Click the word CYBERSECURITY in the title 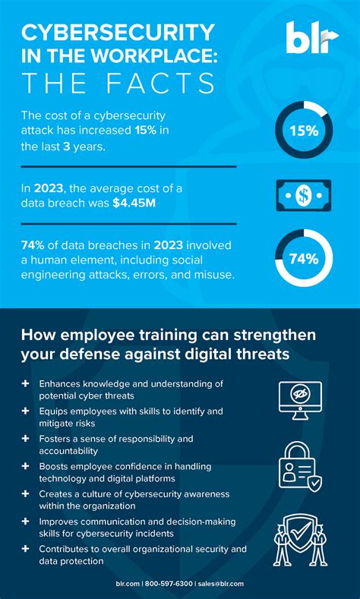coord(118,33)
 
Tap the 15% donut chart coord(303,131)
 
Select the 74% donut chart coord(303,259)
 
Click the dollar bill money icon coord(303,195)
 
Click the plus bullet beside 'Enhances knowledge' coord(26,384)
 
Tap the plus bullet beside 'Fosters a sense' coord(26,439)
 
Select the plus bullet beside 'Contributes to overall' coord(26,548)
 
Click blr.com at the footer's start coord(126,584)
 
